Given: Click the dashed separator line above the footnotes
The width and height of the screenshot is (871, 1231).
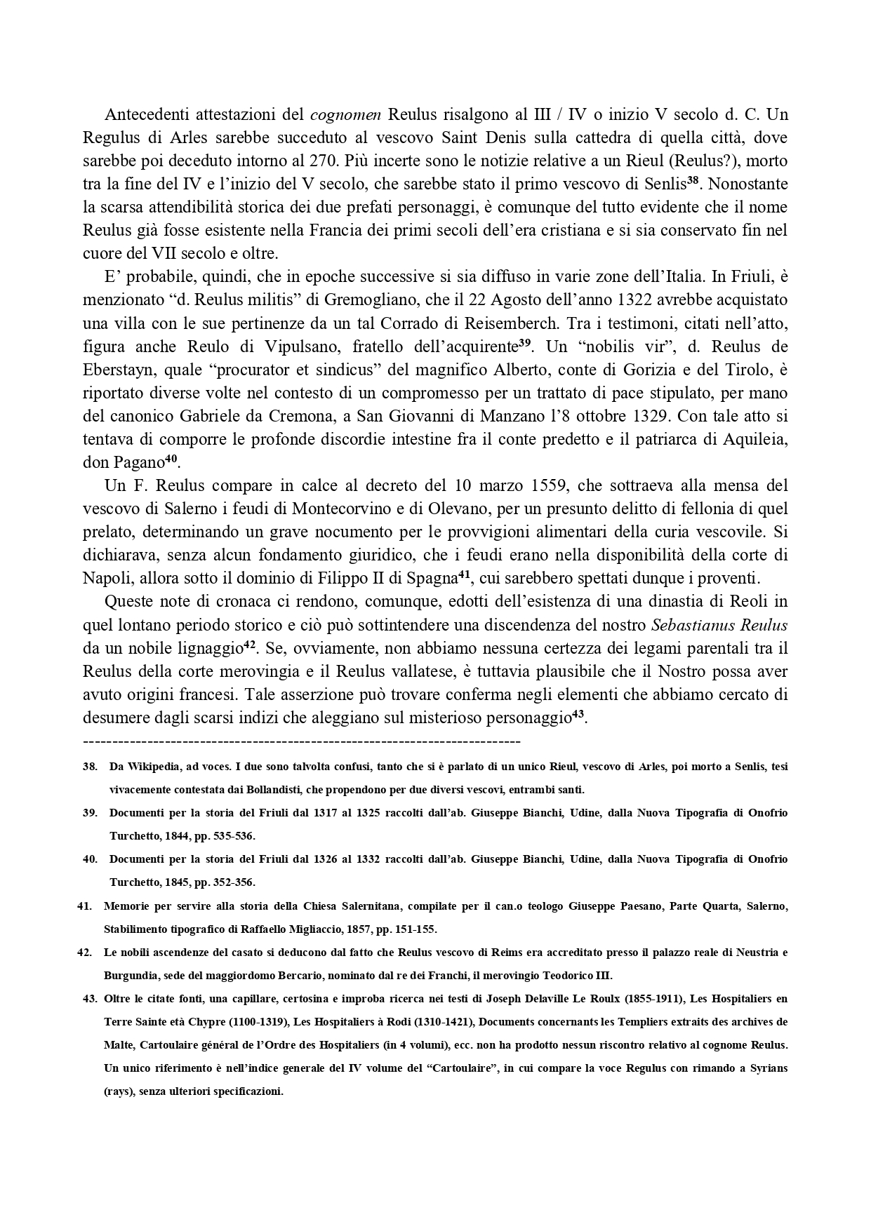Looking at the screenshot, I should pyautogui.click(x=301, y=741).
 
